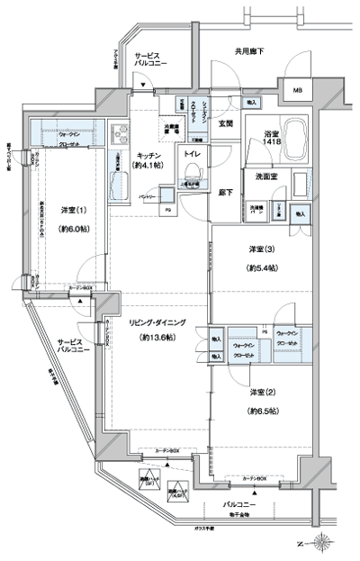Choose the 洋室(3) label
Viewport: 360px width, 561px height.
262,249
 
